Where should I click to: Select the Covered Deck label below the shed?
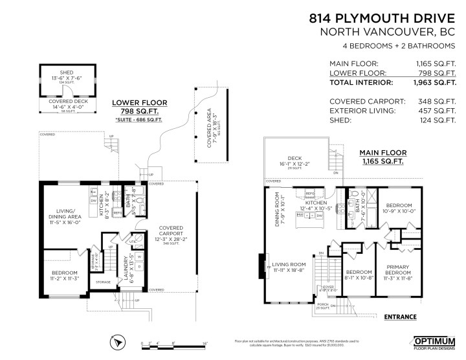point(67,101)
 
